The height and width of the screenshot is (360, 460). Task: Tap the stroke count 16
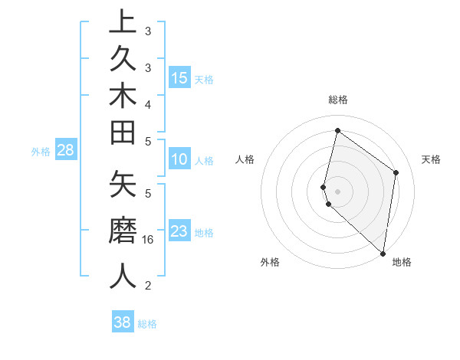148,239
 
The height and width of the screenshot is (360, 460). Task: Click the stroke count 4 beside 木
148,103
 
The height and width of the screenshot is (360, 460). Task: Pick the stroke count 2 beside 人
148,286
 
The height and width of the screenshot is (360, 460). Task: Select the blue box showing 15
179,77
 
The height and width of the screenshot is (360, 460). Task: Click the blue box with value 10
179,159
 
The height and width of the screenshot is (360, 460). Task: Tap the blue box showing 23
179,231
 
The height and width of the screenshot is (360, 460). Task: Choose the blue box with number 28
65,150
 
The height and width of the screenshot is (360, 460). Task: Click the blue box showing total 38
123,322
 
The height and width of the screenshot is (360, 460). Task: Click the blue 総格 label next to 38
147,324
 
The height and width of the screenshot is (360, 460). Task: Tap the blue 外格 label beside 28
41,152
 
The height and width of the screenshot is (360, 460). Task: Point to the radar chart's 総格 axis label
338,100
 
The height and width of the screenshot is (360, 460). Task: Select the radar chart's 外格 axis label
270,263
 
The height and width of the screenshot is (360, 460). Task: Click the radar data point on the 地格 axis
383,254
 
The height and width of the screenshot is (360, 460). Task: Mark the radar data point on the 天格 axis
396,172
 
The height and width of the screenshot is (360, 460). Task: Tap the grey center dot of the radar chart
338,191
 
